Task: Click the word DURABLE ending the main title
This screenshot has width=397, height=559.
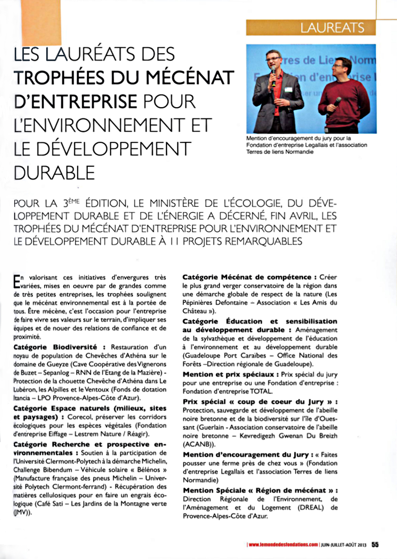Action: pyautogui.click(x=54, y=173)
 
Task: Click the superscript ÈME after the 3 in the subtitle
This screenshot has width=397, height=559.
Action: pyautogui.click(x=77, y=201)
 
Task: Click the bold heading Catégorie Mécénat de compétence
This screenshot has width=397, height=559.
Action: pyautogui.click(x=246, y=277)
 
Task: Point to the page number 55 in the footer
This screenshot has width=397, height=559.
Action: pyautogui.click(x=375, y=545)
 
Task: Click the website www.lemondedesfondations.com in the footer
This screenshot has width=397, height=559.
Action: pyautogui.click(x=283, y=545)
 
